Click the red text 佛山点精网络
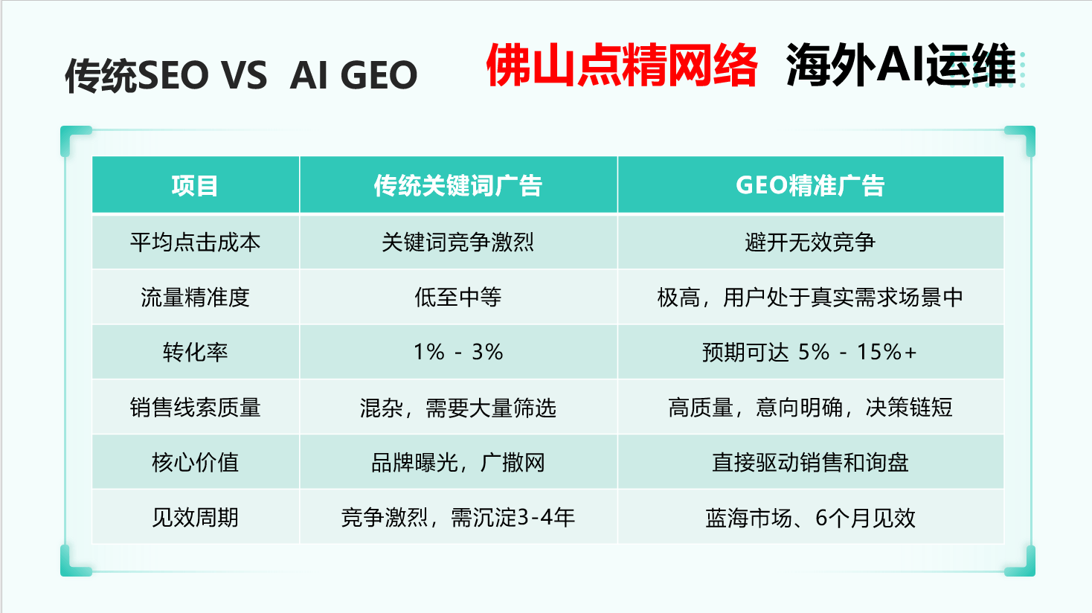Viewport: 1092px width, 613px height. click(622, 65)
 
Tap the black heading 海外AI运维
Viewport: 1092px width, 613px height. click(901, 65)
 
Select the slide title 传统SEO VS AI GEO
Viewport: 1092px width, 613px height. click(241, 75)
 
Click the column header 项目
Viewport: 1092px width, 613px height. click(194, 186)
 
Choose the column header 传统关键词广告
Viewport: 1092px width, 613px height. click(457, 186)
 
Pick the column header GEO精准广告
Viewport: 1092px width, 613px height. click(810, 186)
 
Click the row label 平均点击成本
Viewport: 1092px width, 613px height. click(195, 243)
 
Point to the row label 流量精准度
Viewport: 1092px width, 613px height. click(195, 298)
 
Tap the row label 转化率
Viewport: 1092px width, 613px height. click(195, 353)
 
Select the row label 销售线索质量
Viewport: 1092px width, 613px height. click(195, 408)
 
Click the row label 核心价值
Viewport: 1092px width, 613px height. click(195, 463)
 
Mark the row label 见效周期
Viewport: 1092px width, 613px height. click(195, 518)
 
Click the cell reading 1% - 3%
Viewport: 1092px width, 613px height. click(458, 352)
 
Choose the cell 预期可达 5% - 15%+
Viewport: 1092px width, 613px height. click(810, 353)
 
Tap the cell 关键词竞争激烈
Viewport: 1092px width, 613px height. click(457, 243)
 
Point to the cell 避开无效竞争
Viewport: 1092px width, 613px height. click(810, 243)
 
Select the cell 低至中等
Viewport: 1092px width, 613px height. click(457, 298)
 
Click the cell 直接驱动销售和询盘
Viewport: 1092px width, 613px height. click(810, 463)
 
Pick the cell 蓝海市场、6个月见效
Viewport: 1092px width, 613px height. click(810, 518)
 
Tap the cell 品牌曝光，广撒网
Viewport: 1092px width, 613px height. click(457, 463)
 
